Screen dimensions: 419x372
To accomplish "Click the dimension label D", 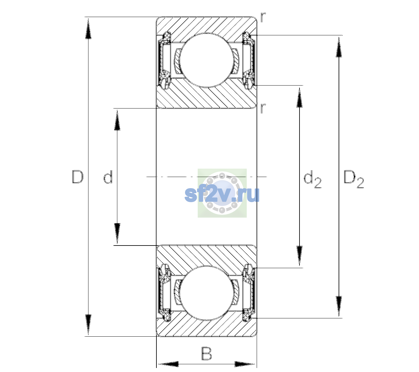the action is point(78,177).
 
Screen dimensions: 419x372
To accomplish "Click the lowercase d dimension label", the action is point(108,177).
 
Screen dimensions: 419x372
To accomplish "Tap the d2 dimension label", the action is point(312,179).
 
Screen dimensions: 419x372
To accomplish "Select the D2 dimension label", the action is point(354,179).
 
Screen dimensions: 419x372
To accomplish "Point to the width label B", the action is point(206,354).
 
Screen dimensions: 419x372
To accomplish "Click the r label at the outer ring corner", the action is point(263,17).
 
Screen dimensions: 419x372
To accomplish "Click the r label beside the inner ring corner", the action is point(263,108).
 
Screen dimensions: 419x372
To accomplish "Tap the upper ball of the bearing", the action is point(207,60).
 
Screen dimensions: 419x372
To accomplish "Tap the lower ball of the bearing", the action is point(207,293).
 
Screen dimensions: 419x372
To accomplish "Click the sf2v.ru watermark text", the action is point(222,195).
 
